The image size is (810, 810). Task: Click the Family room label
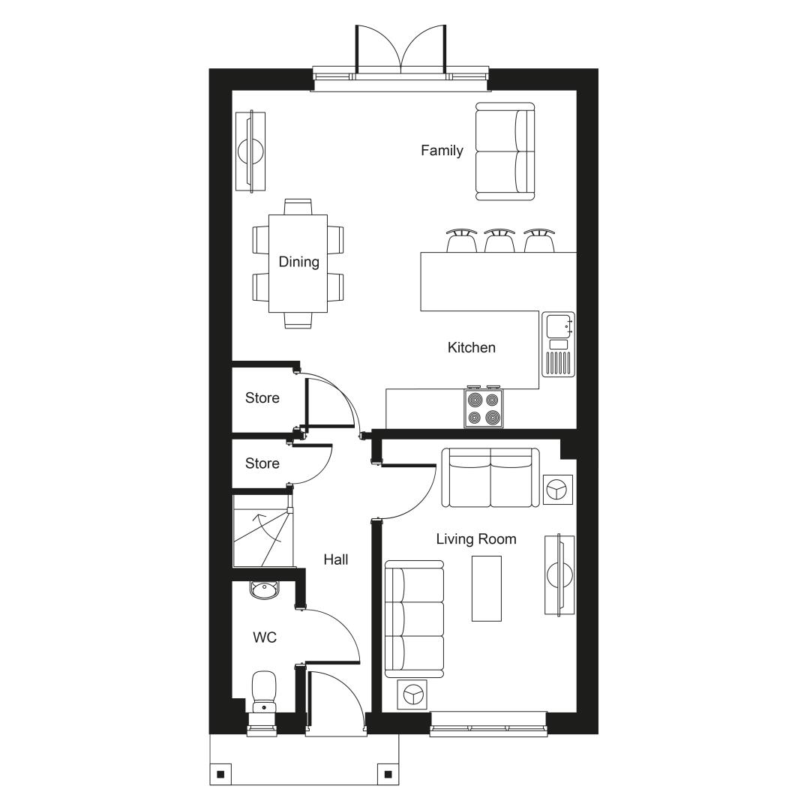(x=442, y=151)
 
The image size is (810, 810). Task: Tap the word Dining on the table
(x=298, y=262)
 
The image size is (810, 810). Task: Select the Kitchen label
(x=471, y=348)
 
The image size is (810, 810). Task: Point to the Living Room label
(x=475, y=539)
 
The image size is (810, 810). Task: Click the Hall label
(x=336, y=559)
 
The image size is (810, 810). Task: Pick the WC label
(x=265, y=637)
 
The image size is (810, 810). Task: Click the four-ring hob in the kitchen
(x=484, y=408)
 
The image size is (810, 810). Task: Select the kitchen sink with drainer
(x=558, y=344)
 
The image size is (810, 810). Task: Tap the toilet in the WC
(x=264, y=695)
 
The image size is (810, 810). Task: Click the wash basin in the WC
(x=265, y=589)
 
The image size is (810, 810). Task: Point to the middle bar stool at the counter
(x=499, y=240)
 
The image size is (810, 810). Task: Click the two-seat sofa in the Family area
(x=505, y=151)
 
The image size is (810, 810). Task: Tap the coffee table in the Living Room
(x=487, y=589)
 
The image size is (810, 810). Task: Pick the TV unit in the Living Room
(x=559, y=574)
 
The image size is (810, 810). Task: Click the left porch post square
(x=220, y=774)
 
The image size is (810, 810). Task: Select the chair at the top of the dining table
(x=298, y=207)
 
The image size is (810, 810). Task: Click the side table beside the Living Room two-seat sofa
(x=559, y=490)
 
